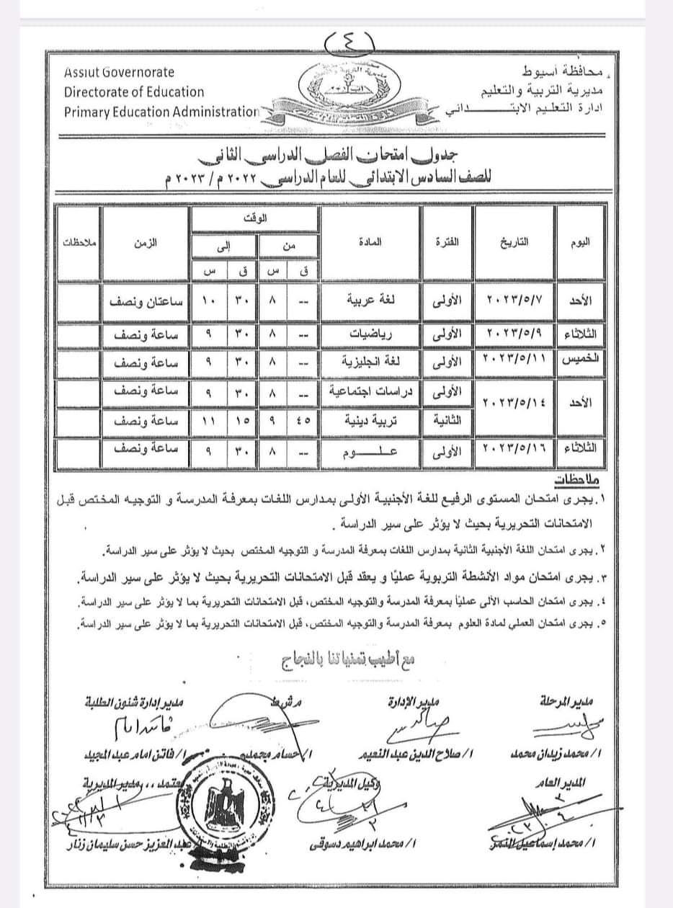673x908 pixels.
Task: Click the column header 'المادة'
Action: pos(369,242)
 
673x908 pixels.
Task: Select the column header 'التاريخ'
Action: pos(514,242)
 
